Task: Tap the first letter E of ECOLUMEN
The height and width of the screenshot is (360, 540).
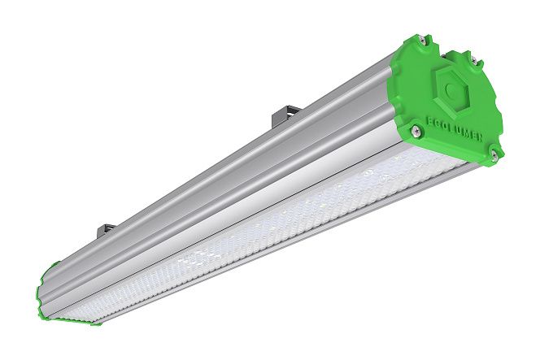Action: click(429, 122)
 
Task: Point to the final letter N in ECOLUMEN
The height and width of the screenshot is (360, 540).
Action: click(480, 137)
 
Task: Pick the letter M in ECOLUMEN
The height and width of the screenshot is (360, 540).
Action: click(467, 133)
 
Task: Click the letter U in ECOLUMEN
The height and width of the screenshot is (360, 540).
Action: click(459, 131)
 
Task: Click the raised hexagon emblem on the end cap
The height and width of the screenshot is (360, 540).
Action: click(452, 90)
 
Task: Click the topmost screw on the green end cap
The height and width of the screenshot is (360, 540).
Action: click(425, 41)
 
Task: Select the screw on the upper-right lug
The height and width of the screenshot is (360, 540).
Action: click(474, 61)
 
